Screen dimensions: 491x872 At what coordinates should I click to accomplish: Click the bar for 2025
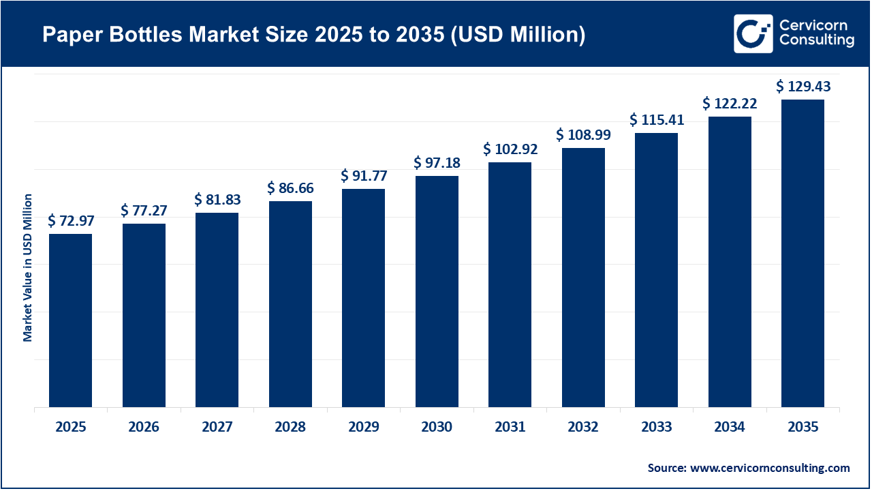click(x=70, y=321)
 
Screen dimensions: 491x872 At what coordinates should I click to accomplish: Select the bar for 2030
click(x=437, y=292)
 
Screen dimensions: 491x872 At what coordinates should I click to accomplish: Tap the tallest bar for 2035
click(x=803, y=254)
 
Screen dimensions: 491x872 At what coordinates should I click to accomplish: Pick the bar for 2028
click(x=290, y=304)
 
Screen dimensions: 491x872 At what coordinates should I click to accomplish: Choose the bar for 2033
click(x=656, y=270)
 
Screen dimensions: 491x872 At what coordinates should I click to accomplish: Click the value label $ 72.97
click(x=71, y=220)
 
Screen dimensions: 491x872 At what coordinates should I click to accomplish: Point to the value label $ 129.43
click(x=803, y=87)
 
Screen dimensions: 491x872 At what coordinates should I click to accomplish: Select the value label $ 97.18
click(x=437, y=163)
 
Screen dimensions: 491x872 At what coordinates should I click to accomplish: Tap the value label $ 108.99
click(x=583, y=135)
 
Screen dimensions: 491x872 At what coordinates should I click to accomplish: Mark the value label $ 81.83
click(x=217, y=200)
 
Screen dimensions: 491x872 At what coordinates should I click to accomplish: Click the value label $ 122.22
click(x=730, y=104)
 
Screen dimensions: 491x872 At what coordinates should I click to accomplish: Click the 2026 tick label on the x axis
click(x=144, y=428)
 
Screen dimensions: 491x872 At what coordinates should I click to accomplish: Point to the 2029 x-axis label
click(x=363, y=428)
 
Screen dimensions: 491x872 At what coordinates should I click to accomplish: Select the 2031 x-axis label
click(x=510, y=428)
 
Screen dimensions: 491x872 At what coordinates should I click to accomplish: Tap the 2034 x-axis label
click(x=730, y=428)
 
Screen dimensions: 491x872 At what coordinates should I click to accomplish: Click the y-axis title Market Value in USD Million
click(x=28, y=267)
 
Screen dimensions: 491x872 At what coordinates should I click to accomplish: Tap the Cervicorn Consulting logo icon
click(x=753, y=33)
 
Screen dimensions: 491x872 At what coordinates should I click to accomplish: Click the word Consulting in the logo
click(x=817, y=41)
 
